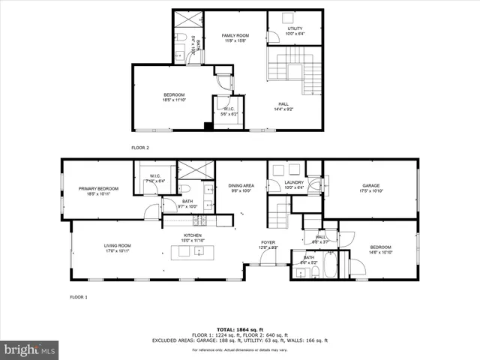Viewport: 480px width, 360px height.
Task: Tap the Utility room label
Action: [294, 31]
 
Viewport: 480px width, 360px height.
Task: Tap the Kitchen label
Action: [193, 238]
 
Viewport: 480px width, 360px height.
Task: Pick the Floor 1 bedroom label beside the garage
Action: [380, 249]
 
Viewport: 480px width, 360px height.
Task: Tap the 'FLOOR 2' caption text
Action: [140, 148]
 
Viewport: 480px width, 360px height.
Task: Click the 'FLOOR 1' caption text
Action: [79, 298]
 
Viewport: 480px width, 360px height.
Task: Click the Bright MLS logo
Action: [29, 349]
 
